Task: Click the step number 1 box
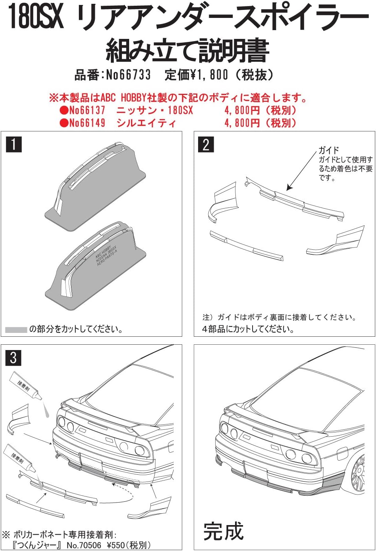pyautogui.click(x=14, y=145)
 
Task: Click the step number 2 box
pyautogui.click(x=206, y=145)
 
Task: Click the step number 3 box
pyautogui.click(x=14, y=358)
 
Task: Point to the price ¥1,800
pyautogui.click(x=209, y=75)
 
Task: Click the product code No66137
pyautogui.click(x=87, y=110)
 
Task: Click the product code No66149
pyautogui.click(x=87, y=123)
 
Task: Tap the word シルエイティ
pyautogui.click(x=146, y=123)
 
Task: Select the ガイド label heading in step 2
pyautogui.click(x=328, y=150)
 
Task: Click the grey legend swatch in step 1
pyautogui.click(x=16, y=329)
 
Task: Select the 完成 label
pyautogui.click(x=223, y=531)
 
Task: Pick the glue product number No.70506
pyautogui.click(x=84, y=545)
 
